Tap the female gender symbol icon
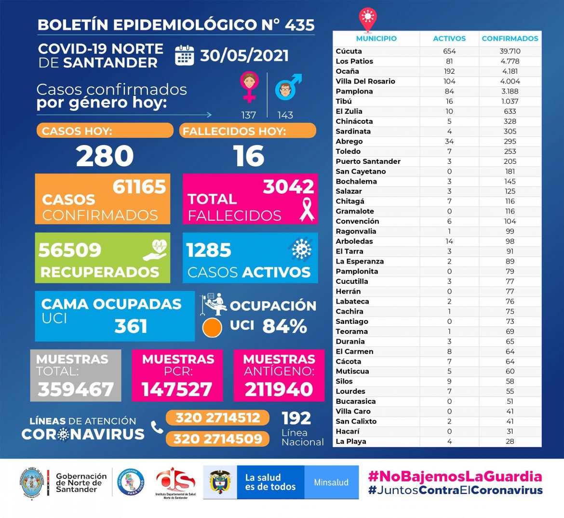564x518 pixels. tap(249, 87)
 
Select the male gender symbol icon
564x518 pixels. tap(287, 87)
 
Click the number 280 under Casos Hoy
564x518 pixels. tap(105, 156)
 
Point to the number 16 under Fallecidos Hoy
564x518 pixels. tap(249, 156)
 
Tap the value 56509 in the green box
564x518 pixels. tap(70, 250)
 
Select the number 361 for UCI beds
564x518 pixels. tap(131, 326)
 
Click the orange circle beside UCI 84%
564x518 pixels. tap(212, 328)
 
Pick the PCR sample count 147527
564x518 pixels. tap(177, 389)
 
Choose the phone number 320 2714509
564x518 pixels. tap(217, 439)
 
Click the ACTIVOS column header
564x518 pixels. tap(449, 39)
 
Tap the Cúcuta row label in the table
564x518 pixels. tap(349, 51)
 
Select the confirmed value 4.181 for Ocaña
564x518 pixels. tap(510, 71)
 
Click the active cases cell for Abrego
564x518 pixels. tap(449, 141)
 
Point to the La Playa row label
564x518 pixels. tap(350, 441)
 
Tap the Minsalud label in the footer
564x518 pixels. tap(331, 482)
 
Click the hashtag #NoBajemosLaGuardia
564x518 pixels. tap(455, 477)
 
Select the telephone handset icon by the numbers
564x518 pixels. tap(157, 427)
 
